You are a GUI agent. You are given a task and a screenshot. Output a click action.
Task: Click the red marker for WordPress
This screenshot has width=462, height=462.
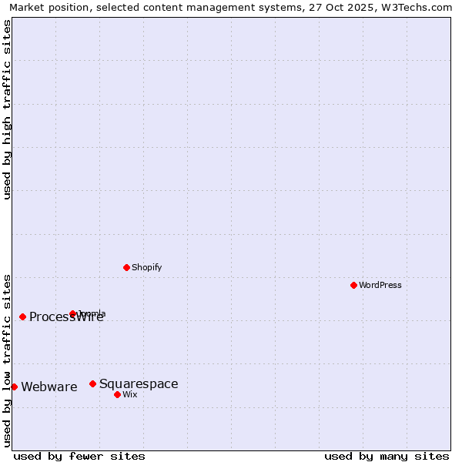(x=353, y=285)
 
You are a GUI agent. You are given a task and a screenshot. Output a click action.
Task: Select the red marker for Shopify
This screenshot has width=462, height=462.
(x=126, y=267)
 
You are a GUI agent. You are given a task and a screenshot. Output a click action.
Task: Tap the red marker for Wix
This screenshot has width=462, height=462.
(x=117, y=394)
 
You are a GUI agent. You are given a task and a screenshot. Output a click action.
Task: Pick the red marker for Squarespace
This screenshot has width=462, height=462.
(x=92, y=383)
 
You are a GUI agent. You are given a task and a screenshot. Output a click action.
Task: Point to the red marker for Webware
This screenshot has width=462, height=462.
(x=14, y=387)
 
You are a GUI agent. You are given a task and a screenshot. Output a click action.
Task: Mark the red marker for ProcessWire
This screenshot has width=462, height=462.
(x=22, y=316)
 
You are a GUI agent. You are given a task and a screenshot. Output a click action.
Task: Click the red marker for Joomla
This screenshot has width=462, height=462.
(x=73, y=313)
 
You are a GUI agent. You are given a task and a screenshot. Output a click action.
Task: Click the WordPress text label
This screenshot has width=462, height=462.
(x=380, y=285)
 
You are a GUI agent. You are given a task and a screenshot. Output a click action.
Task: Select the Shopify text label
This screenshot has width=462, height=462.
(x=147, y=267)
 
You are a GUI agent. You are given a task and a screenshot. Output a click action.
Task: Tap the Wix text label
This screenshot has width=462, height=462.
(x=130, y=394)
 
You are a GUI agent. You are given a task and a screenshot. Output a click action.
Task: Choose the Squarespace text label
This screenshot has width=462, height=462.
(x=139, y=383)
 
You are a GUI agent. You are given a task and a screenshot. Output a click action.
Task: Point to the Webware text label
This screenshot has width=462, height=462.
(x=49, y=387)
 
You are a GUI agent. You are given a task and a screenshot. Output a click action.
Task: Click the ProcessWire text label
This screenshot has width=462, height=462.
(x=66, y=317)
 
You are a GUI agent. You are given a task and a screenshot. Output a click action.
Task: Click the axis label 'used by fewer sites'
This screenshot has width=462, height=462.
(x=79, y=456)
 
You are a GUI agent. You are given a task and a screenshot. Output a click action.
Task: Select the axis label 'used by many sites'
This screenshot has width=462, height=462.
(x=387, y=456)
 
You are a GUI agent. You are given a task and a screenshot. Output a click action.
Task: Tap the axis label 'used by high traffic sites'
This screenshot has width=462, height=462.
(x=8, y=109)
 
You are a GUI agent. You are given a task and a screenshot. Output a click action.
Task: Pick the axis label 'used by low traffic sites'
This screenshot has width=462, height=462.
(x=8, y=360)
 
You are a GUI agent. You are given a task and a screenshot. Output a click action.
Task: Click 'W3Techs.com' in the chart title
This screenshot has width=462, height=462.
(x=419, y=7)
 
